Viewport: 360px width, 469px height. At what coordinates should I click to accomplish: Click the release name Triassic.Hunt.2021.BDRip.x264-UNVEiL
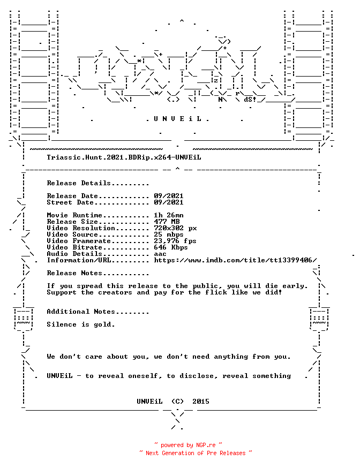pyautogui.click(x=124, y=157)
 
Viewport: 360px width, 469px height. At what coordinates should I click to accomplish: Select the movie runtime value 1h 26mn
pyautogui.click(x=169, y=215)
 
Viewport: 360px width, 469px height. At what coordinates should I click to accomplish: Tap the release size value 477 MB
pyautogui.click(x=167, y=222)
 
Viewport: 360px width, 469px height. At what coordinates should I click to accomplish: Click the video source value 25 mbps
pyautogui.click(x=169, y=234)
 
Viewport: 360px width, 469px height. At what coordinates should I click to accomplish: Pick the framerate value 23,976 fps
pyautogui.click(x=175, y=241)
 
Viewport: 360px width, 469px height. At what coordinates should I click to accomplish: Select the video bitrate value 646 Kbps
pyautogui.click(x=171, y=247)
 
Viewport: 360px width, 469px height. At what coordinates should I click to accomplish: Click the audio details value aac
pyautogui.click(x=160, y=254)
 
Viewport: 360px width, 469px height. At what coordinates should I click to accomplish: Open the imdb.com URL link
pyautogui.click(x=235, y=260)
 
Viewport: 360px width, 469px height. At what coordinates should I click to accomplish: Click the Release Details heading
pyautogui.click(x=98, y=183)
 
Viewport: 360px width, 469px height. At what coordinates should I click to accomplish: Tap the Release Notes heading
pyautogui.click(x=98, y=273)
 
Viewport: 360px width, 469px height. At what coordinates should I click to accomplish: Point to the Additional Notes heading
pyautogui.click(x=98, y=312)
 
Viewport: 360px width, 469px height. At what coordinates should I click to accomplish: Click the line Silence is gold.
pyautogui.click(x=81, y=324)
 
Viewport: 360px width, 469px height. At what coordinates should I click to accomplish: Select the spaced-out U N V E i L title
pyautogui.click(x=178, y=119)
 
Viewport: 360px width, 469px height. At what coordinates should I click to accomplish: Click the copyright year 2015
pyautogui.click(x=201, y=402)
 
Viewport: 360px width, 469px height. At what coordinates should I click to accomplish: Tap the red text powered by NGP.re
pyautogui.click(x=188, y=445)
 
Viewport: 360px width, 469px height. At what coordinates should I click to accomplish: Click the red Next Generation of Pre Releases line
pyautogui.click(x=196, y=453)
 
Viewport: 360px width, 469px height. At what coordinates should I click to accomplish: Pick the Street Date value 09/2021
pyautogui.click(x=169, y=202)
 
